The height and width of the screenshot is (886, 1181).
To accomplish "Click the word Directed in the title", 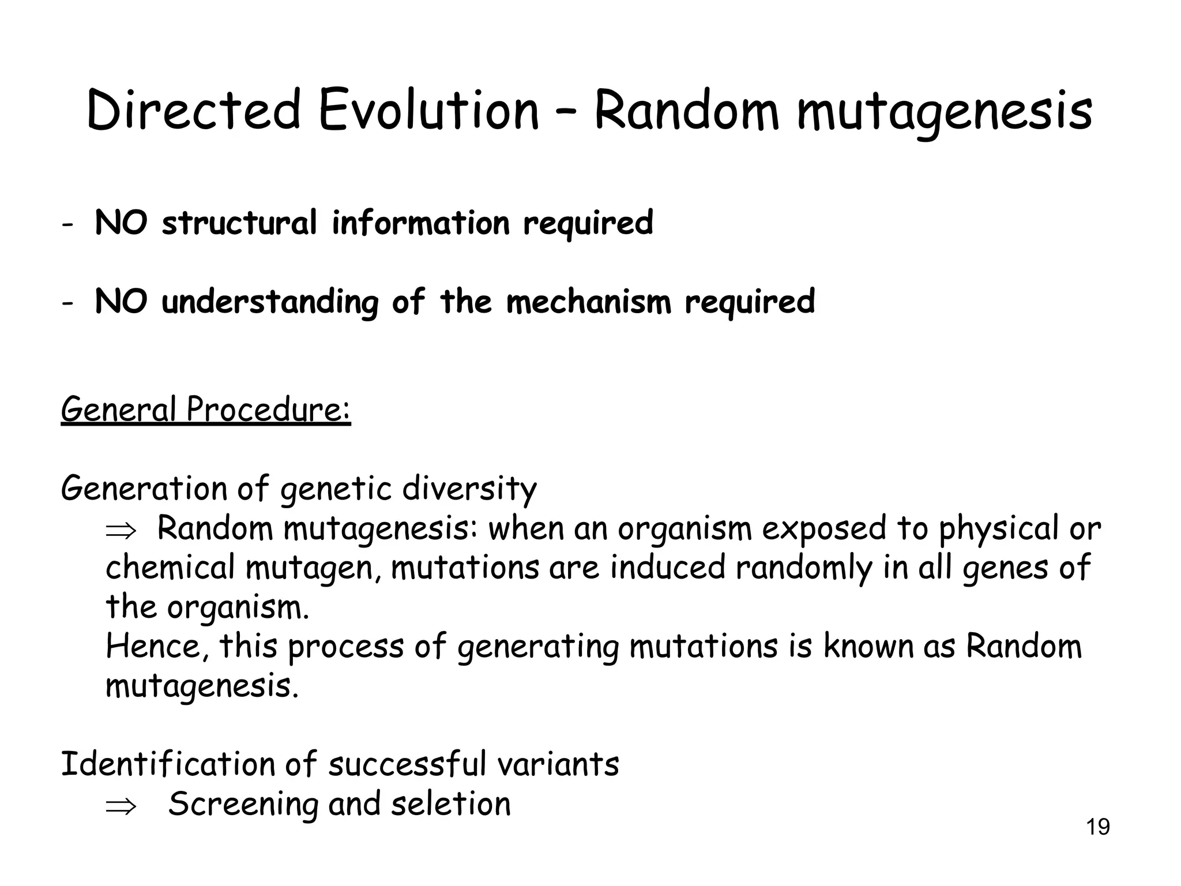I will click(194, 111).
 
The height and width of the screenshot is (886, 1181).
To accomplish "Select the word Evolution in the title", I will click(428, 111).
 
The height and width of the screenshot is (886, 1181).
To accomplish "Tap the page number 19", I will click(1098, 827).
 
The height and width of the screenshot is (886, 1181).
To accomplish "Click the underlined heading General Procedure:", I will click(206, 410).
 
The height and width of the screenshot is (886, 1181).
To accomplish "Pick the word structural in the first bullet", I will click(239, 223).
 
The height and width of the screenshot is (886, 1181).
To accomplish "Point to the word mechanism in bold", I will click(589, 302).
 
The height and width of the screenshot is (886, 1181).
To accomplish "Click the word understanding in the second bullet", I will click(270, 303).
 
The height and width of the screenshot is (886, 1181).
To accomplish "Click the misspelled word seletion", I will click(451, 804).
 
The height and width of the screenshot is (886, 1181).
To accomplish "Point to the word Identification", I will click(167, 764).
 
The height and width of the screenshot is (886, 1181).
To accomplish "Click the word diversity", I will click(469, 489).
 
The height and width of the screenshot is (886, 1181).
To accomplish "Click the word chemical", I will click(170, 568).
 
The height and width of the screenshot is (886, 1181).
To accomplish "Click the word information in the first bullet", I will click(420, 223).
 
